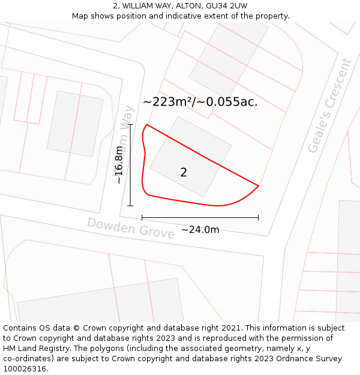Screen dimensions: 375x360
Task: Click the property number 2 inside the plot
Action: (x=184, y=173)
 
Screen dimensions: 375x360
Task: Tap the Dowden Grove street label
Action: (x=131, y=228)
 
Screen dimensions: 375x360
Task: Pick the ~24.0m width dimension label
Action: (x=200, y=230)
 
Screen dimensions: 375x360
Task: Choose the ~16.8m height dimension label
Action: (x=119, y=165)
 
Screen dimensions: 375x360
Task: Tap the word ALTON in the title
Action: (x=189, y=6)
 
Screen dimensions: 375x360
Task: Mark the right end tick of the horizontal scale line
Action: (x=258, y=217)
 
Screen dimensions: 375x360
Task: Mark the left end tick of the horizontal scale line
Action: (x=142, y=217)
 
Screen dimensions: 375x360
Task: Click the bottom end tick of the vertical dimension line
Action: (x=130, y=206)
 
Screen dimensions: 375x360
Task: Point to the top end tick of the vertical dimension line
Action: (x=130, y=125)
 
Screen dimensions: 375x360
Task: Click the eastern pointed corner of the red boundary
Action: (x=258, y=186)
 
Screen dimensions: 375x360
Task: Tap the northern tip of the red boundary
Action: (x=147, y=125)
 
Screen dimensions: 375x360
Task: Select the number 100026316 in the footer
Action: (x=25, y=368)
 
